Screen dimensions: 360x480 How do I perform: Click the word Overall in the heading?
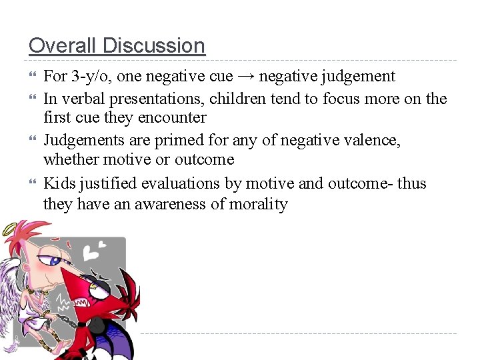click(x=57, y=45)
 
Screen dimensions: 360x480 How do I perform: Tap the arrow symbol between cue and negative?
click(x=246, y=77)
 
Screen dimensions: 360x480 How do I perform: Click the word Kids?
click(x=58, y=183)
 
